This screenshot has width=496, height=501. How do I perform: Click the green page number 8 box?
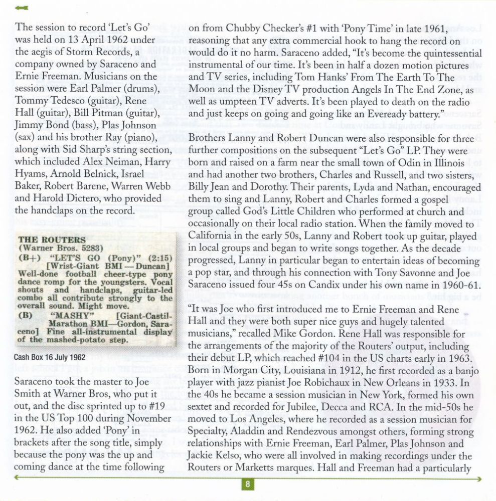click(x=248, y=484)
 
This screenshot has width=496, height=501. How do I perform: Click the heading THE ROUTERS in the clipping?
click(x=45, y=240)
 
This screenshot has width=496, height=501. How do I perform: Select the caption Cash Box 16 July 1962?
click(x=49, y=357)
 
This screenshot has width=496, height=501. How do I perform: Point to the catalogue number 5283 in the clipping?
click(x=91, y=248)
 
